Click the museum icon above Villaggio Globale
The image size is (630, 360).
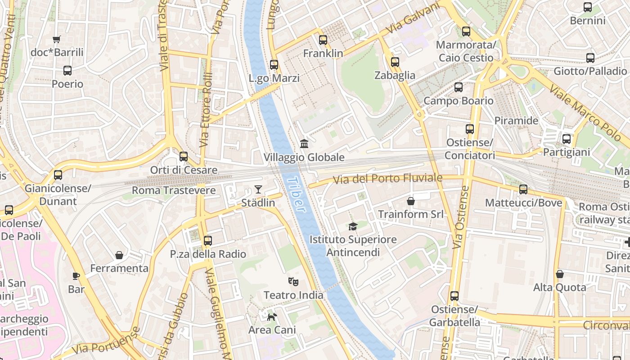tap(304, 144)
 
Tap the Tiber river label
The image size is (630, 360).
tap(295, 194)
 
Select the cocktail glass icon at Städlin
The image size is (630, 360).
tap(258, 189)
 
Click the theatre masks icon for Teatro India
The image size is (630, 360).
tap(293, 282)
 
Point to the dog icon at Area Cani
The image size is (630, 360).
tap(272, 317)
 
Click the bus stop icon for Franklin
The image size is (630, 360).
tap(323, 40)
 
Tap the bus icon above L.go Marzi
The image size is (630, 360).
tap(274, 65)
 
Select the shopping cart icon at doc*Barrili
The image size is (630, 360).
tap(57, 39)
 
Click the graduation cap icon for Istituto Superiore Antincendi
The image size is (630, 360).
tap(353, 226)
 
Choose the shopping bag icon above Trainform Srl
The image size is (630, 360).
tap(410, 201)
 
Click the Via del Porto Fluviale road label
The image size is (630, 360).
tap(387, 179)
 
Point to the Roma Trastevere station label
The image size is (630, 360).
tap(174, 190)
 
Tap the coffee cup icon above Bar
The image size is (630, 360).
tap(76, 275)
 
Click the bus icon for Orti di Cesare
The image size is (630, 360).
tap(184, 157)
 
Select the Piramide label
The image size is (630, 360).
tap(516, 121)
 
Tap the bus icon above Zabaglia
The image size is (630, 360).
tap(395, 62)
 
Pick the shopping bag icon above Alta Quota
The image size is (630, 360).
tap(560, 274)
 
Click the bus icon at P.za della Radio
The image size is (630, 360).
tap(207, 241)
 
